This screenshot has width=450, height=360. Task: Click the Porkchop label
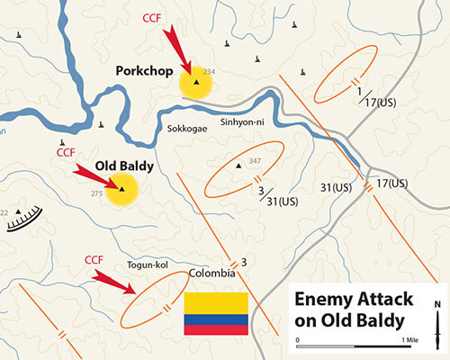tap(144, 69)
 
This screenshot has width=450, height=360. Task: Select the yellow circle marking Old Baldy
tap(121, 190)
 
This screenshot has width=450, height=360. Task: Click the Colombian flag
tap(216, 313)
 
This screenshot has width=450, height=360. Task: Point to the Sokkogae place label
tap(186, 128)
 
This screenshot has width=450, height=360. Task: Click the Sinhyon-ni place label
tap(243, 121)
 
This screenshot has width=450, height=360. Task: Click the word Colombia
tap(211, 273)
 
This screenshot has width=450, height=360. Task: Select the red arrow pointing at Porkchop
tap(177, 49)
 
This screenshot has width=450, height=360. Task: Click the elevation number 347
tap(255, 161)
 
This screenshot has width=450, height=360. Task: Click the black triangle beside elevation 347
tap(239, 166)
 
